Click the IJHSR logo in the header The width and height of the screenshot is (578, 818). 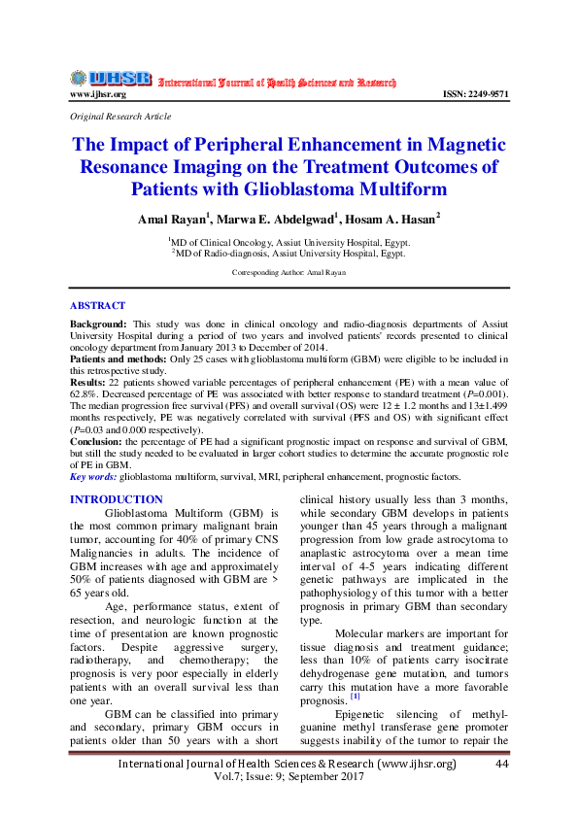coord(111,78)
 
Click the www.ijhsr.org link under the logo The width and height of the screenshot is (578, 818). coord(97,94)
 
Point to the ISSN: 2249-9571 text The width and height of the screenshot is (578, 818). coord(475,94)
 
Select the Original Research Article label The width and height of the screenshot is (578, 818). coord(120,116)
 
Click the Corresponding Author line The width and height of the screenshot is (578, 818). coord(289,273)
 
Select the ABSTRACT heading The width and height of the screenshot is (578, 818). coord(97,305)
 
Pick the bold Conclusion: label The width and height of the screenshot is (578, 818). coord(95,441)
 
